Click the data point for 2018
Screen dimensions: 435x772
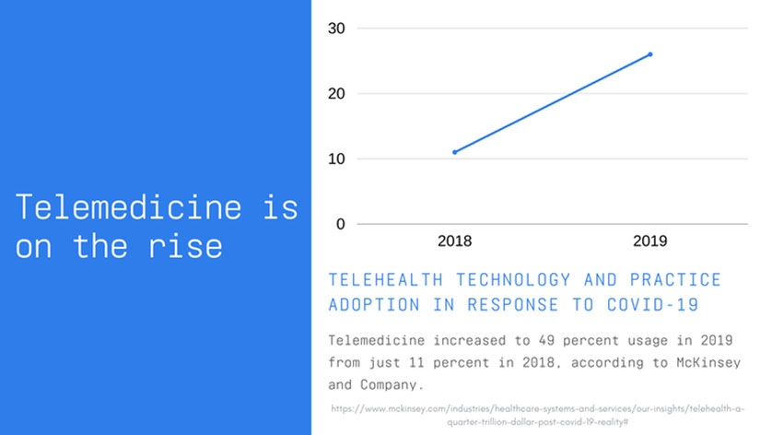[x=455, y=152]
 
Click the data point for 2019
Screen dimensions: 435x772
[x=650, y=54]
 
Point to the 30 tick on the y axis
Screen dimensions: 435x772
[x=336, y=29]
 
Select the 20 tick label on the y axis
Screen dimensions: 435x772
[x=336, y=94]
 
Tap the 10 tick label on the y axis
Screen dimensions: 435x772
[x=336, y=159]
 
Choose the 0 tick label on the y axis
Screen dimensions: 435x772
[x=340, y=224]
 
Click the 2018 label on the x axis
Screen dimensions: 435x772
[x=455, y=241]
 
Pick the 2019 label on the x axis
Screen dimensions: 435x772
[x=650, y=241]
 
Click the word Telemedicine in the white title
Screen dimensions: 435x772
[x=129, y=207]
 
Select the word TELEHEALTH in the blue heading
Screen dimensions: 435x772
[x=386, y=279]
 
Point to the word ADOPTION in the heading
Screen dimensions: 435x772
[x=367, y=305]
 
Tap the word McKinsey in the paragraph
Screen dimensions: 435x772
[x=706, y=363]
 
